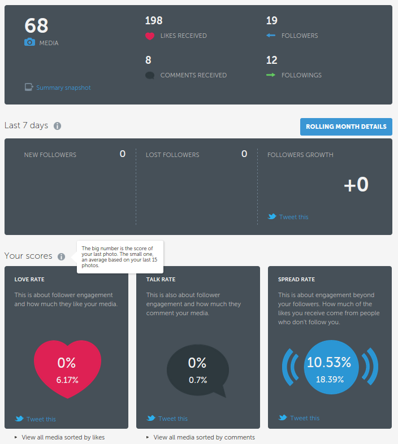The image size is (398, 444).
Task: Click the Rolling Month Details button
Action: point(346,127)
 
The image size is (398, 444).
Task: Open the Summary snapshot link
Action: point(63,88)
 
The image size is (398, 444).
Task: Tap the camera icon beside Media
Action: point(29,42)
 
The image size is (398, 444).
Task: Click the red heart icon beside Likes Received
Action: point(150,36)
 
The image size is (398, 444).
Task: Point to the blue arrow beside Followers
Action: point(271,36)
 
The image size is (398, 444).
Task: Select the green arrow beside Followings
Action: point(271,75)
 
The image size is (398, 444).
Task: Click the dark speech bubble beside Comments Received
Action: point(150,75)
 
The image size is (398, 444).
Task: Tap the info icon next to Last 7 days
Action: point(57,126)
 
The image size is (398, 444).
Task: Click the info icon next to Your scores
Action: point(61,256)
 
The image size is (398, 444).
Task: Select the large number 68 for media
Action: point(36,25)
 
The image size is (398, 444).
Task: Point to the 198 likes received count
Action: point(154,21)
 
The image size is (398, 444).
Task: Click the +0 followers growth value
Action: point(356,185)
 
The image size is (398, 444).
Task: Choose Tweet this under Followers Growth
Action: point(293,217)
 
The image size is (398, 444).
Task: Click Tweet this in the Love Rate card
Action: point(41,419)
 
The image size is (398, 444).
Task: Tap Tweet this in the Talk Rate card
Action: point(172,419)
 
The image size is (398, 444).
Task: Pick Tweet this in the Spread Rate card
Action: point(304,418)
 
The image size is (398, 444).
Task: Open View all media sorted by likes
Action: point(63,437)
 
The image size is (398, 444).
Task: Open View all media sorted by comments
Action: point(204,437)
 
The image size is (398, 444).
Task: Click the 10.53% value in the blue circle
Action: point(329,363)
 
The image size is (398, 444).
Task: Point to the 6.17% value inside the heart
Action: point(67,380)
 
